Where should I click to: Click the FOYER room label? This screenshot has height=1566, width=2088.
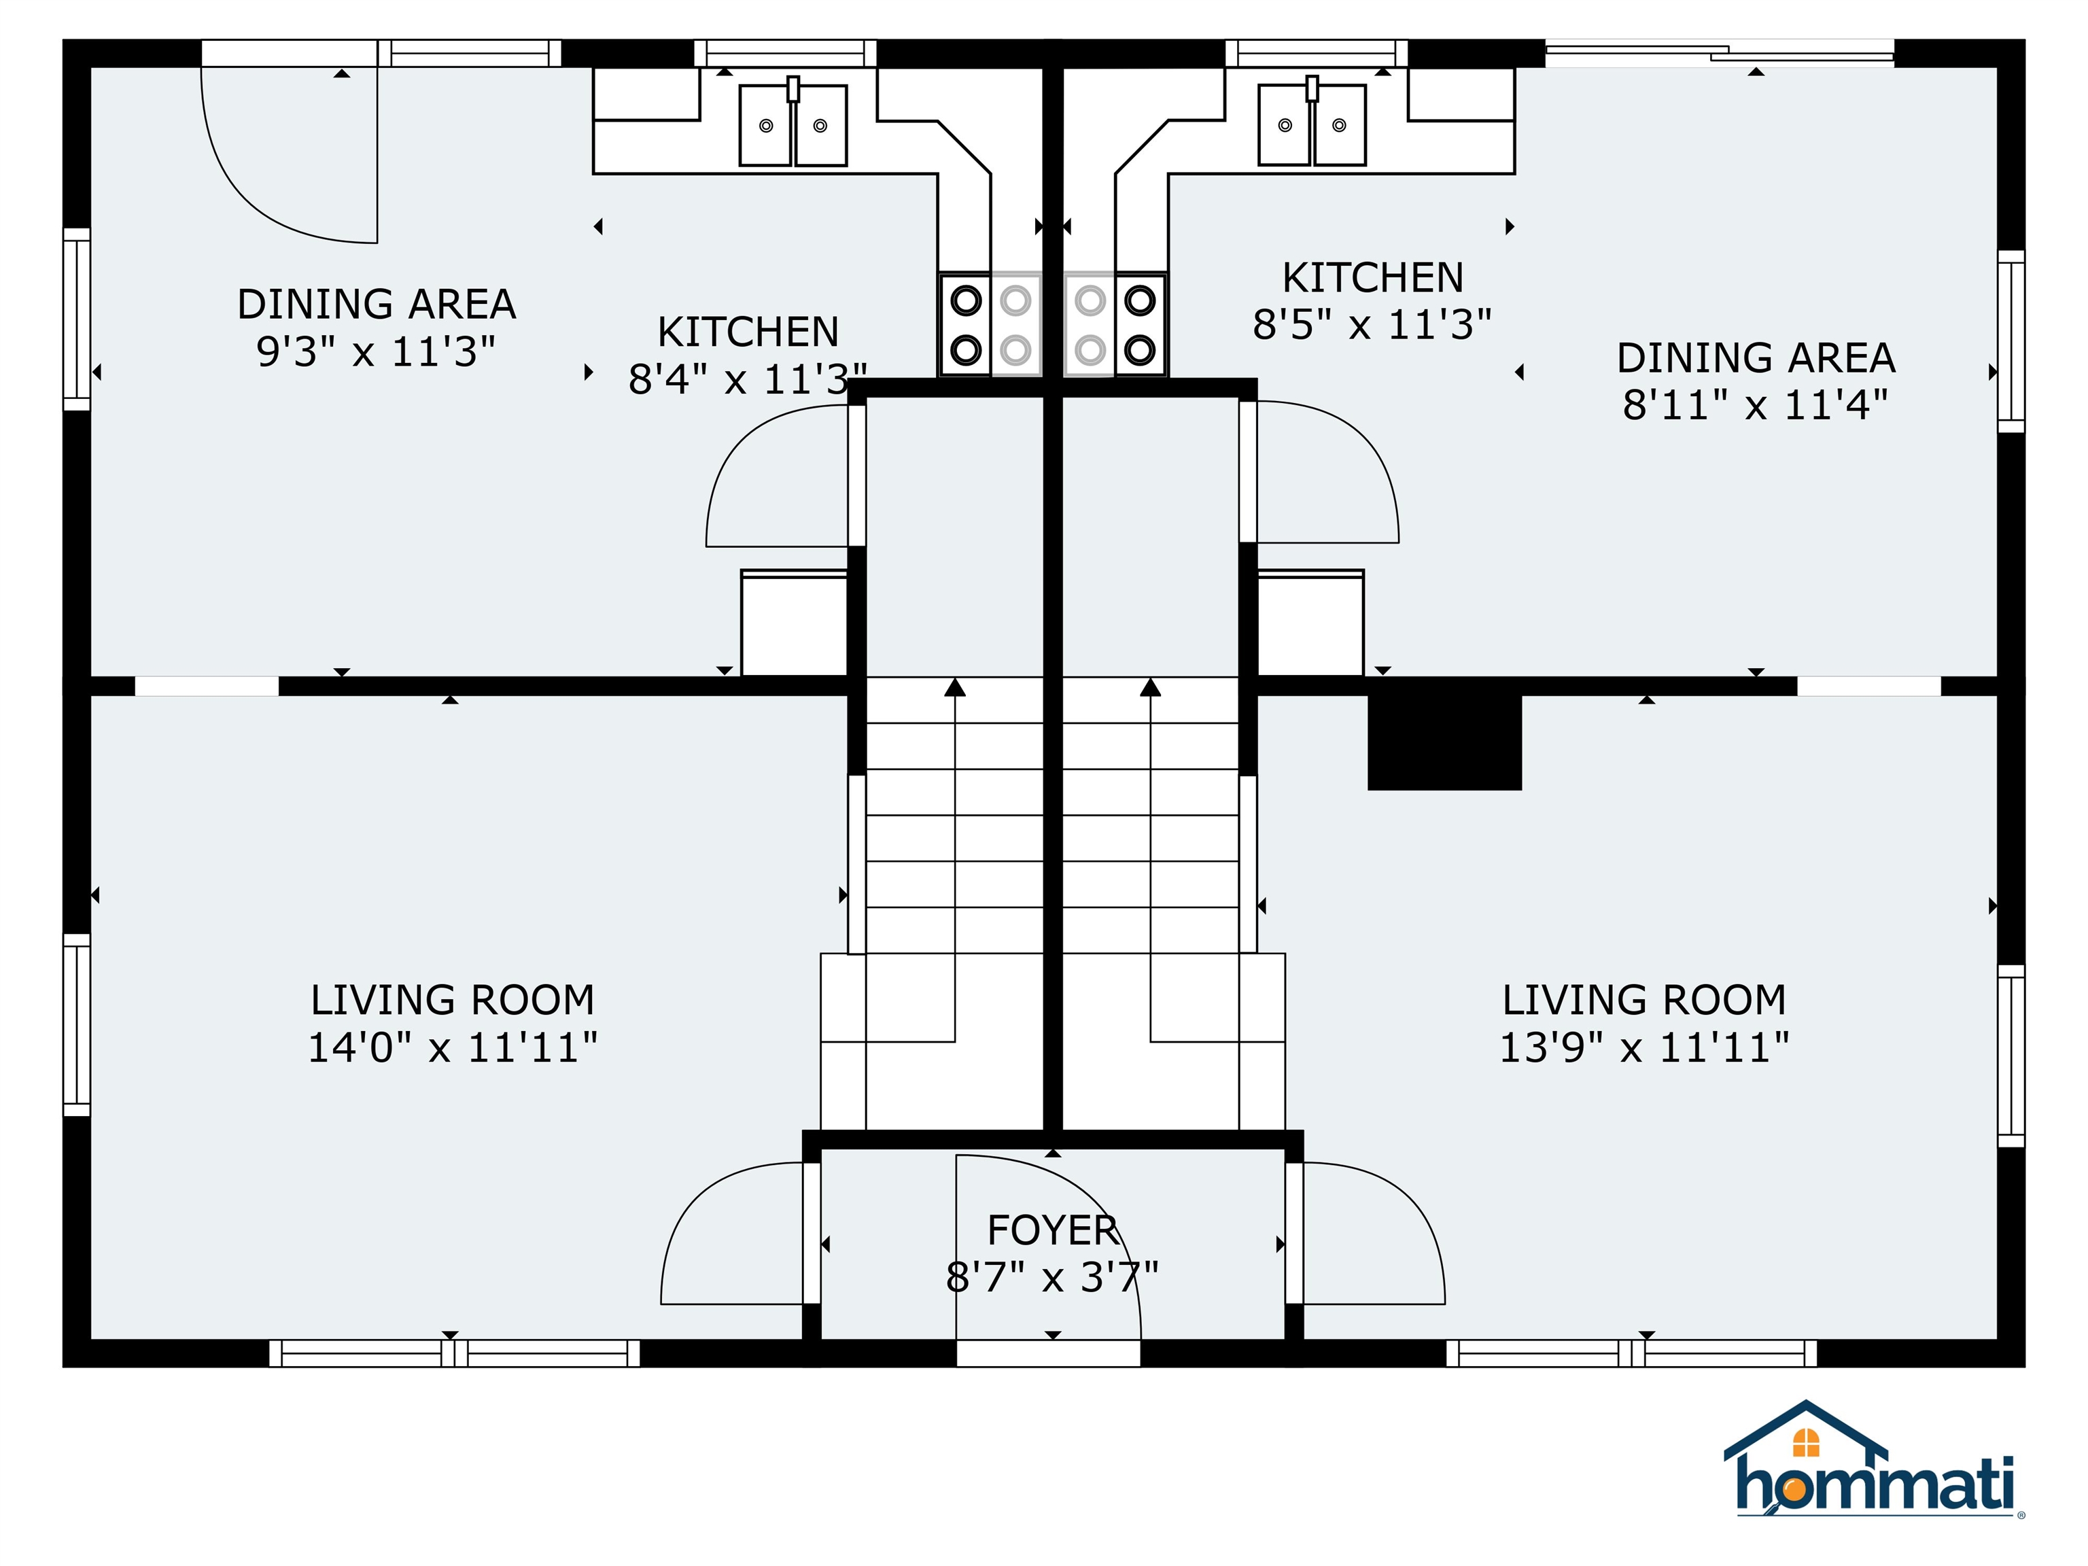1052,1230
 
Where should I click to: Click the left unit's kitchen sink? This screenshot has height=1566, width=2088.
793,124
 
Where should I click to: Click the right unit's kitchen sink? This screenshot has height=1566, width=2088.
1312,124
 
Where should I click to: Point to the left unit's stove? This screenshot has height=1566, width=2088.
990,326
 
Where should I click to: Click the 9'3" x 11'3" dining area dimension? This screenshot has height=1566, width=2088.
376,352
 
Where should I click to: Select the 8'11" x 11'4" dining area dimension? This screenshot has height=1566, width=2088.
1756,405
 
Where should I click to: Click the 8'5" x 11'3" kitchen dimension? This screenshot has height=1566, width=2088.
1372,325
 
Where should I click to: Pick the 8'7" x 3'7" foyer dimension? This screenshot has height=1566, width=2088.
1052,1278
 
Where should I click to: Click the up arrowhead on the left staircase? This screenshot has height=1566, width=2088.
955,687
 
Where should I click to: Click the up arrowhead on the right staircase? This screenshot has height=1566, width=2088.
1151,687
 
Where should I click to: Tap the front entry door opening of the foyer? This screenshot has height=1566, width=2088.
1049,1353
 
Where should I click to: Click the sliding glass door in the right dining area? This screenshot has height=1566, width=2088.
1719,53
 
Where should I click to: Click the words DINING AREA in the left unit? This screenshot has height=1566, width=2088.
377,304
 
